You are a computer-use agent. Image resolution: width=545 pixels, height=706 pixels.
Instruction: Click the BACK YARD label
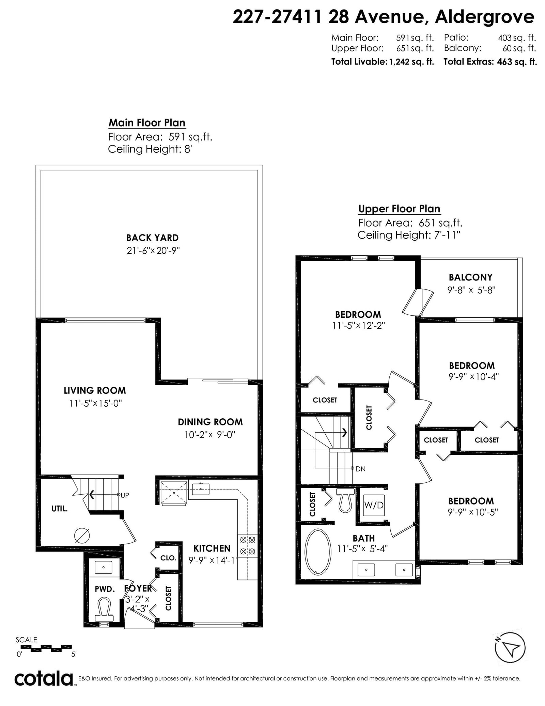pyautogui.click(x=152, y=238)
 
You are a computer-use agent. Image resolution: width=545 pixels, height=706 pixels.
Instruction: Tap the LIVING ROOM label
pyautogui.click(x=95, y=390)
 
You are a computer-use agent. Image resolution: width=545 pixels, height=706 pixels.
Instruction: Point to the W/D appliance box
pyautogui.click(x=374, y=505)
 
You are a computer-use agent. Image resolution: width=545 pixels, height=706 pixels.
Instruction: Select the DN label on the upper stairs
pyautogui.click(x=360, y=469)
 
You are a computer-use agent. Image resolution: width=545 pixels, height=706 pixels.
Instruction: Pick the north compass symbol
pyautogui.click(x=510, y=648)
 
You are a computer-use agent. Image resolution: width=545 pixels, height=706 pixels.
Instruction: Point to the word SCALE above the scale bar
pyautogui.click(x=26, y=640)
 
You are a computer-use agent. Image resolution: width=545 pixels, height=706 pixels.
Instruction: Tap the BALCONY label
pyautogui.click(x=470, y=277)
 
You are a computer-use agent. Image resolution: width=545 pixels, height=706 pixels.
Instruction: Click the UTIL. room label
pyautogui.click(x=60, y=509)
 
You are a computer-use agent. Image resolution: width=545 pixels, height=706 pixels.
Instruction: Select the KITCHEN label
pyautogui.click(x=212, y=548)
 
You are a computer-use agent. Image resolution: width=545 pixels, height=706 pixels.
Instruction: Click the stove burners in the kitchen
pyautogui.click(x=248, y=545)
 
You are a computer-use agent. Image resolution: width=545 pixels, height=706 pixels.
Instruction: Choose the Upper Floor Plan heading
pyautogui.click(x=399, y=209)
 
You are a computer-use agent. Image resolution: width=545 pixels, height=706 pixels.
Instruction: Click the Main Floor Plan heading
pyautogui.click(x=147, y=123)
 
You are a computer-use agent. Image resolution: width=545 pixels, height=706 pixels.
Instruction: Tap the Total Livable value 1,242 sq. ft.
pyautogui.click(x=411, y=62)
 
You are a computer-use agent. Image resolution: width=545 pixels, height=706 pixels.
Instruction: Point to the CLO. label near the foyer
pyautogui.click(x=168, y=558)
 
